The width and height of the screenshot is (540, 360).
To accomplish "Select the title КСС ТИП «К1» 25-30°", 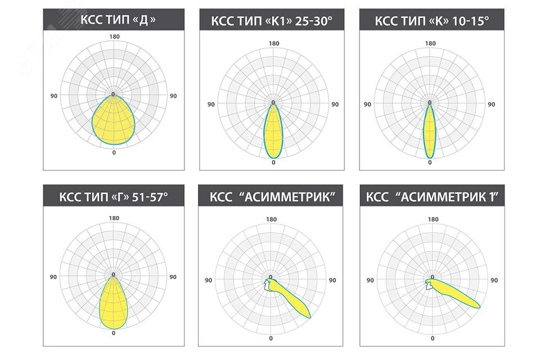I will pos(272,21).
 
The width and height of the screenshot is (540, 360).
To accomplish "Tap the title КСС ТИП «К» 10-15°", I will pos(431,21).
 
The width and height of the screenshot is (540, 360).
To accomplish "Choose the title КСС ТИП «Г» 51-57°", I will pos(114,197).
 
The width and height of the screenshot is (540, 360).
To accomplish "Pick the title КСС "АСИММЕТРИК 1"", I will pos(431,197).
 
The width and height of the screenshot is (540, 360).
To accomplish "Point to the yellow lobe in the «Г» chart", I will pos(114,304).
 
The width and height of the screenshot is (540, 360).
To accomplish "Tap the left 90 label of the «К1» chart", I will pos(211,104).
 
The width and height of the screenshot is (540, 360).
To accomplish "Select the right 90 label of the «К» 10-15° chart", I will pos(491,104).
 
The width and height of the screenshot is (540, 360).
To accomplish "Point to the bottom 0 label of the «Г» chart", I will pos(114,333).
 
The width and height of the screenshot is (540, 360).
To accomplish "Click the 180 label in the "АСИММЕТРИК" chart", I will pos(271,219).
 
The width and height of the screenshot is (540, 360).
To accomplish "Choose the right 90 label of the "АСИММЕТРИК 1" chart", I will pos(494,280).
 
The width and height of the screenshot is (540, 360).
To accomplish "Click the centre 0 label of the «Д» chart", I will pos(114,94).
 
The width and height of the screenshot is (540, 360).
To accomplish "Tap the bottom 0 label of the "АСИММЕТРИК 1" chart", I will pos(432,338).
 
